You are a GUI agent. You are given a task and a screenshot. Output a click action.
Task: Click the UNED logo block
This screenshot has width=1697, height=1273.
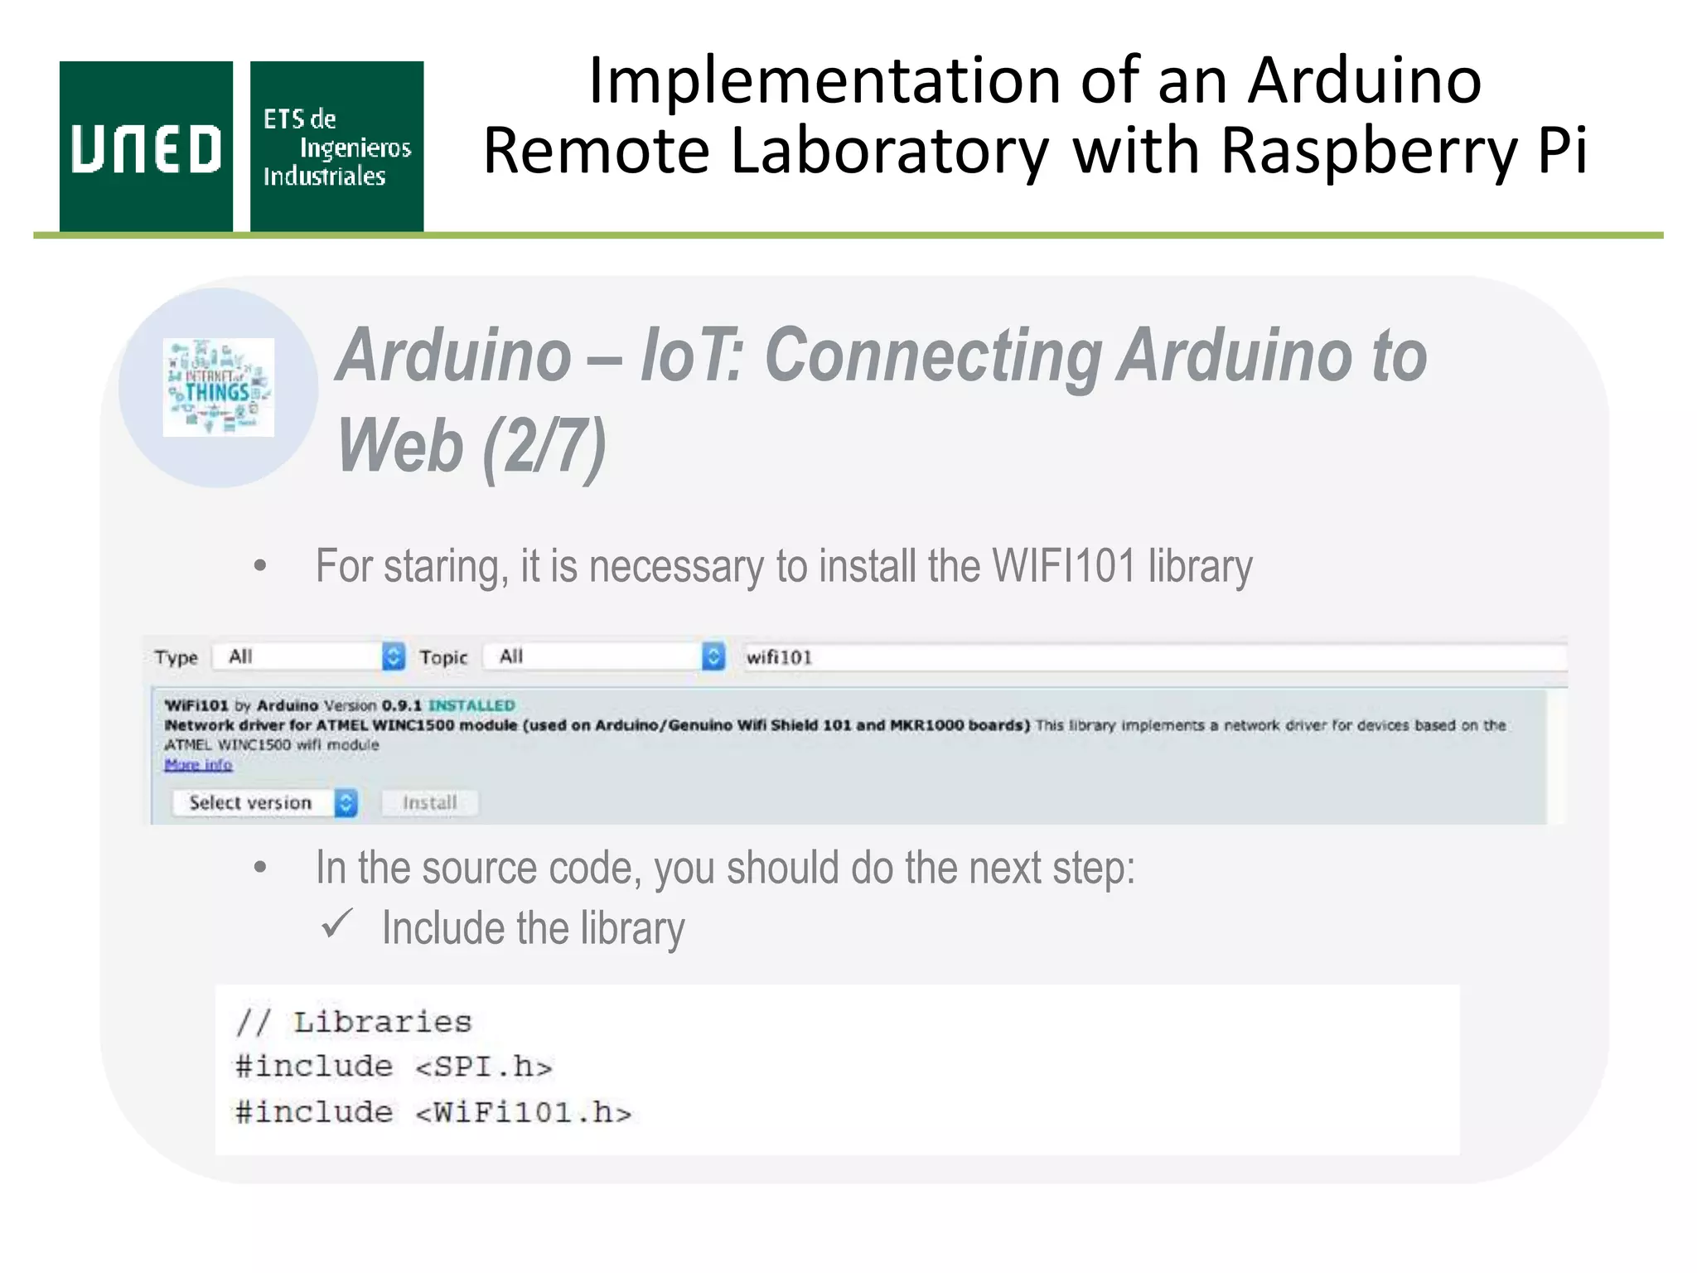(x=146, y=147)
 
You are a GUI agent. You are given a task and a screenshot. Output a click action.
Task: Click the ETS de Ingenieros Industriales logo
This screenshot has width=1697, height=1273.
(x=336, y=147)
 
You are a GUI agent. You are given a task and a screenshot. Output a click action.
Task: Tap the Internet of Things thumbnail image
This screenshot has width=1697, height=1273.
(x=218, y=387)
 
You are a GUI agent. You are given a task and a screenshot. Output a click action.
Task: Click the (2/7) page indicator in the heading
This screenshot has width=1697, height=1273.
(x=544, y=446)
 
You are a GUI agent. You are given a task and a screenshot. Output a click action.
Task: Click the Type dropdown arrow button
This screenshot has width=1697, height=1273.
(x=394, y=657)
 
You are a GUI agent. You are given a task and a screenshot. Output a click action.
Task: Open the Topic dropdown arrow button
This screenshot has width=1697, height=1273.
(x=713, y=657)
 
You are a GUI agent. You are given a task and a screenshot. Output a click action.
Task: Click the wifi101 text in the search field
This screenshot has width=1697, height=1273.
(x=779, y=658)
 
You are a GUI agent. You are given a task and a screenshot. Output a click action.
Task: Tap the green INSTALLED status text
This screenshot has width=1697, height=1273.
(x=471, y=705)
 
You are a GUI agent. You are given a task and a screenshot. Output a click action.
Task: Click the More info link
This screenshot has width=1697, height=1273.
(x=198, y=764)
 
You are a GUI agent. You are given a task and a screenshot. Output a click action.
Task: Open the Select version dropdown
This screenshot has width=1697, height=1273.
(x=264, y=802)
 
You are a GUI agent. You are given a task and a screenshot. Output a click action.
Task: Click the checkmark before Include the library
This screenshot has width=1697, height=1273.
(x=337, y=923)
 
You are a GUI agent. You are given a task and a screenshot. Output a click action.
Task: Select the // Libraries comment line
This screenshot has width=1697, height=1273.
(x=354, y=1022)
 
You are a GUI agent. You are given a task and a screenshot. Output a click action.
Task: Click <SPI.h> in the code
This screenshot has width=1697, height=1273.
(x=484, y=1067)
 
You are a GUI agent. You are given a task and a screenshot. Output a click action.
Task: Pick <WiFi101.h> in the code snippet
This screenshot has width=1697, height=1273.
(x=524, y=1112)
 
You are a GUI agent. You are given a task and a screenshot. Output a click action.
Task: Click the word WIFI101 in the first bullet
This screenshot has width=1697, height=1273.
(x=1064, y=567)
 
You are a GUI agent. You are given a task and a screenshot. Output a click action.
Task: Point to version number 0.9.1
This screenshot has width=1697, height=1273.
(x=401, y=705)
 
